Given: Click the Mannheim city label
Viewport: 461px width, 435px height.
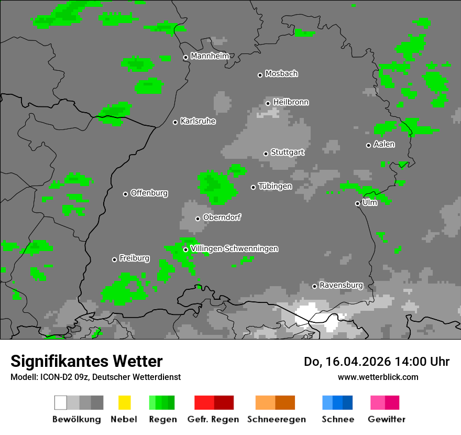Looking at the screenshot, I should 210,56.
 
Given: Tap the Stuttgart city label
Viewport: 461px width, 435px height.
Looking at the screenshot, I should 288,153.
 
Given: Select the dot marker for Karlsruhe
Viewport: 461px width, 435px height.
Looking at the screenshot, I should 175,122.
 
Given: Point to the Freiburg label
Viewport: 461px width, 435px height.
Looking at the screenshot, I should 134,258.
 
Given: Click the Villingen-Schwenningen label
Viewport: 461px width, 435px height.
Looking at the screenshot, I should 234,249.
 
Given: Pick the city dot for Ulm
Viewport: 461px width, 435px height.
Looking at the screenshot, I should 357,203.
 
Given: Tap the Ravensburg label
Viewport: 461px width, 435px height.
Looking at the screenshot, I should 341,286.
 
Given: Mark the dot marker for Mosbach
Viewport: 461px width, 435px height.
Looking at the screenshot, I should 260,75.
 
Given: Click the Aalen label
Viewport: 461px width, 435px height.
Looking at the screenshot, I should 384,144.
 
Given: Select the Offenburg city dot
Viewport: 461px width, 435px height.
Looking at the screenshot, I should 125,194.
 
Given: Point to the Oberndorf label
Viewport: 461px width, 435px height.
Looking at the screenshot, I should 222,217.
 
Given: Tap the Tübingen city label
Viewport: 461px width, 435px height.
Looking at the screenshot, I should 275,186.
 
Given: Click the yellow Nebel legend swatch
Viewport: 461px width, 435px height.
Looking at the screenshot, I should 124,403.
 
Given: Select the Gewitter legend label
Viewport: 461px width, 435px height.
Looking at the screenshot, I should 386,419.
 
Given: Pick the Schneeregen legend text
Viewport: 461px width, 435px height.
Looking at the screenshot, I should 276,419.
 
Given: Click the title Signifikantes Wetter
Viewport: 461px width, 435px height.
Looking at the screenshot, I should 86,361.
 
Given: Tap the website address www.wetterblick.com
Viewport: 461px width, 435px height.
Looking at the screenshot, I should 378,377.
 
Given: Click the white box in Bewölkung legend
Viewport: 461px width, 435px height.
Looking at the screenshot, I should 61,403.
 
